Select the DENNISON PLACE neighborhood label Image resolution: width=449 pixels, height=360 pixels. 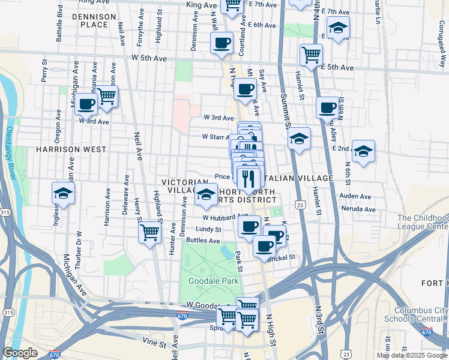[x=89, y=20]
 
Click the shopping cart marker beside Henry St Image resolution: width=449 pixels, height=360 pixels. [x=149, y=232]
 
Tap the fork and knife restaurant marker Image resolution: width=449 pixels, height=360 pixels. [x=248, y=178]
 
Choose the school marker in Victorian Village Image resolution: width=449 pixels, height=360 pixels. [x=206, y=194]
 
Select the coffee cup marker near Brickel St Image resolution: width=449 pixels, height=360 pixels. [x=264, y=246]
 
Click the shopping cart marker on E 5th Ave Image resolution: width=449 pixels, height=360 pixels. [x=311, y=55]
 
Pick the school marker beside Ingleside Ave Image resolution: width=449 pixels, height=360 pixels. [x=63, y=193]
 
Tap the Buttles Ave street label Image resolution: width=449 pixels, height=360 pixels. [x=202, y=240]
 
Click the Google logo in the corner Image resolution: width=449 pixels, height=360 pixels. [x=20, y=353]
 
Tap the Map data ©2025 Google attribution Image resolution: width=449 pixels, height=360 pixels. [x=411, y=355]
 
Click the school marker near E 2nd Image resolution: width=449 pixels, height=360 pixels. [x=363, y=151]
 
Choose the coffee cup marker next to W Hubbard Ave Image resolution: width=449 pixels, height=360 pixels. [x=249, y=226]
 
